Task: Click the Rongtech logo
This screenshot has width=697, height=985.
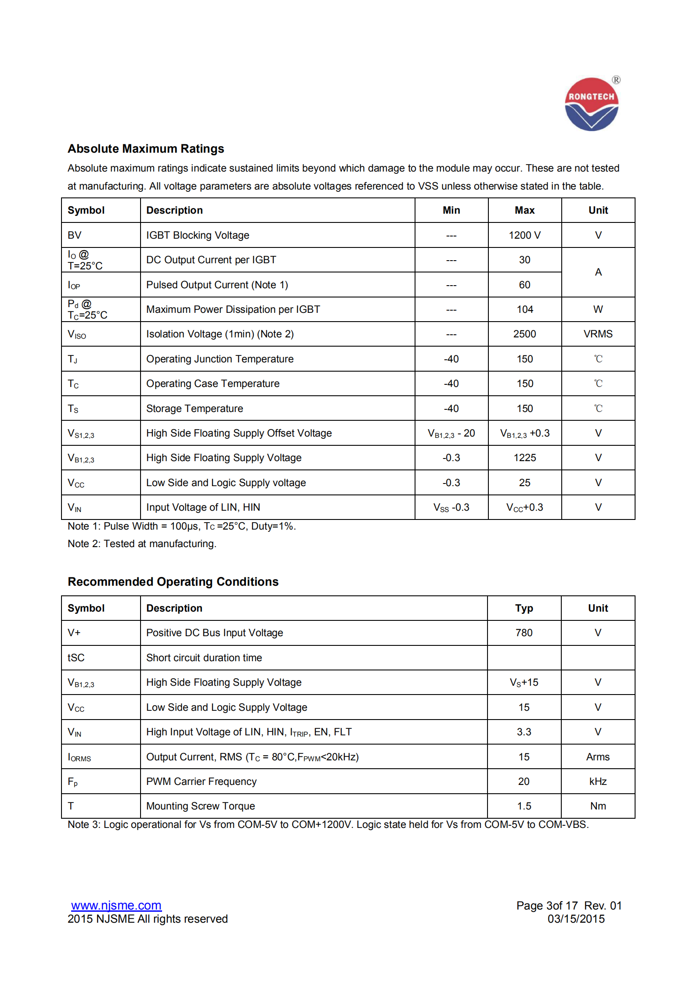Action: click(591, 104)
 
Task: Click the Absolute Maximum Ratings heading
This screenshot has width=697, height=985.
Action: click(146, 149)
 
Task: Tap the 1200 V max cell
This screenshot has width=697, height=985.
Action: click(524, 235)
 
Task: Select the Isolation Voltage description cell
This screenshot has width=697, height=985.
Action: click(220, 334)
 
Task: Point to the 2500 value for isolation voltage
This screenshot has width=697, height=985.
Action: click(524, 334)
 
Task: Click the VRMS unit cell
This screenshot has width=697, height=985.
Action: click(598, 334)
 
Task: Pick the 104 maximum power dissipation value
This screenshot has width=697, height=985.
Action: click(524, 309)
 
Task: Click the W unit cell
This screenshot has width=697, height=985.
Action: click(598, 309)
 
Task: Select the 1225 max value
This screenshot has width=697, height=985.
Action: click(524, 458)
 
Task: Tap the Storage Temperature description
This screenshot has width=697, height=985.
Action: click(195, 408)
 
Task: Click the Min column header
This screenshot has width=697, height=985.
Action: click(451, 210)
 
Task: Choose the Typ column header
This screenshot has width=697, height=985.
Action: click(524, 608)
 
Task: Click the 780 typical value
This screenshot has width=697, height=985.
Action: click(524, 633)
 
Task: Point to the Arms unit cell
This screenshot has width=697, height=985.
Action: click(598, 757)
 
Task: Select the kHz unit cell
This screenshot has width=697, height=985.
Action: click(598, 781)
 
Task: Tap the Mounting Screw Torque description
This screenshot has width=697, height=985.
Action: click(200, 806)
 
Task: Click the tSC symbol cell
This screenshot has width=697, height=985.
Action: click(76, 658)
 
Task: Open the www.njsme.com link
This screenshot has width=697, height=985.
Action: click(116, 906)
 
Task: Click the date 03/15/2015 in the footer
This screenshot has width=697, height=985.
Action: click(576, 919)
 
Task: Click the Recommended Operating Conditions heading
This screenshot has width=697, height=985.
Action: click(173, 582)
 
